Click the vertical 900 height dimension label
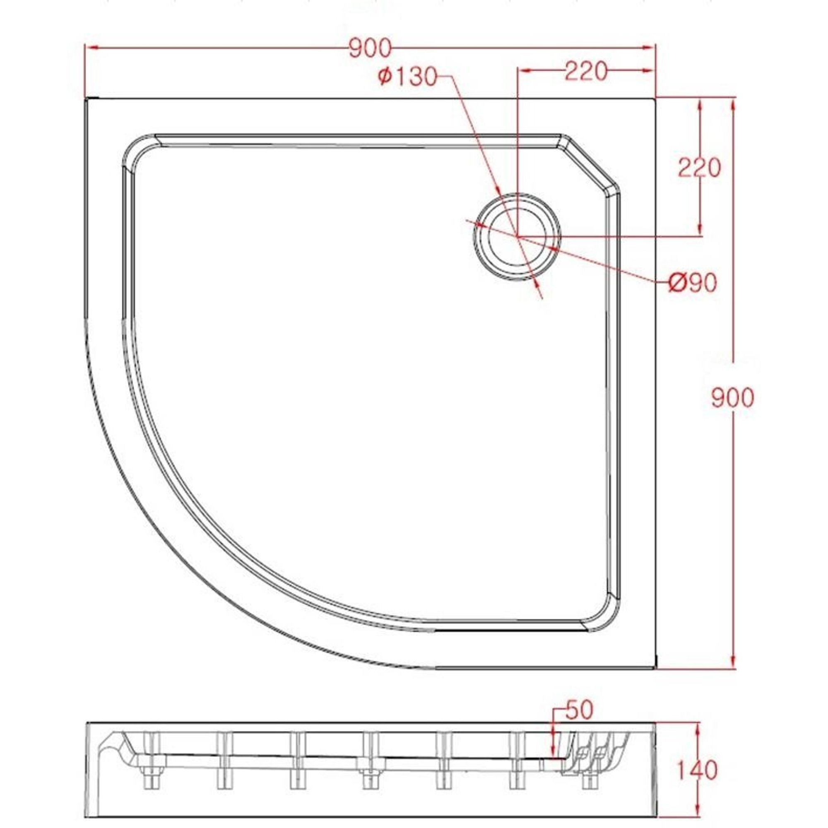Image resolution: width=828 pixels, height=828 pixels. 732,398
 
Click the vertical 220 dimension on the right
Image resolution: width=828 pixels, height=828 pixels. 700,168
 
